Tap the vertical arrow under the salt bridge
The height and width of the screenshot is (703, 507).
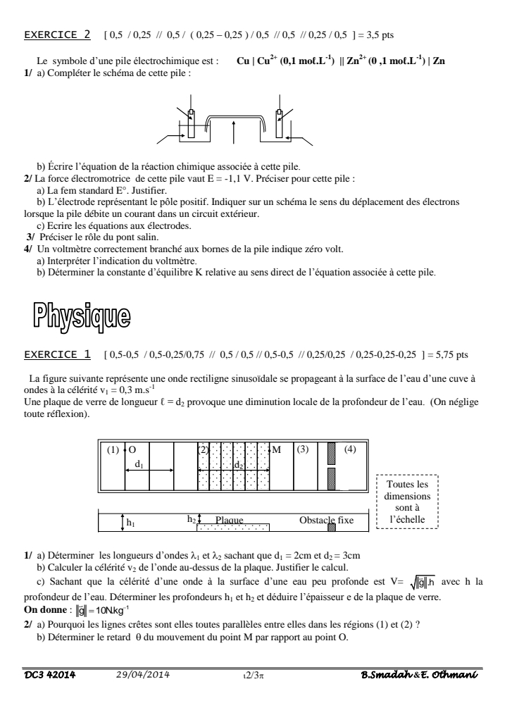click(x=233, y=134)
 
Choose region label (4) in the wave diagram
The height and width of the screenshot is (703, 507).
click(x=349, y=449)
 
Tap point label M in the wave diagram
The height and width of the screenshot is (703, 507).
click(x=276, y=449)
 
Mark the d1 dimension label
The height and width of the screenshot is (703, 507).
click(x=140, y=464)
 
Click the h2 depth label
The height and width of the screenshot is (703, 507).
click(x=192, y=518)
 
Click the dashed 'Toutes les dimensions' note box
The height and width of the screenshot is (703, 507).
click(x=408, y=503)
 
